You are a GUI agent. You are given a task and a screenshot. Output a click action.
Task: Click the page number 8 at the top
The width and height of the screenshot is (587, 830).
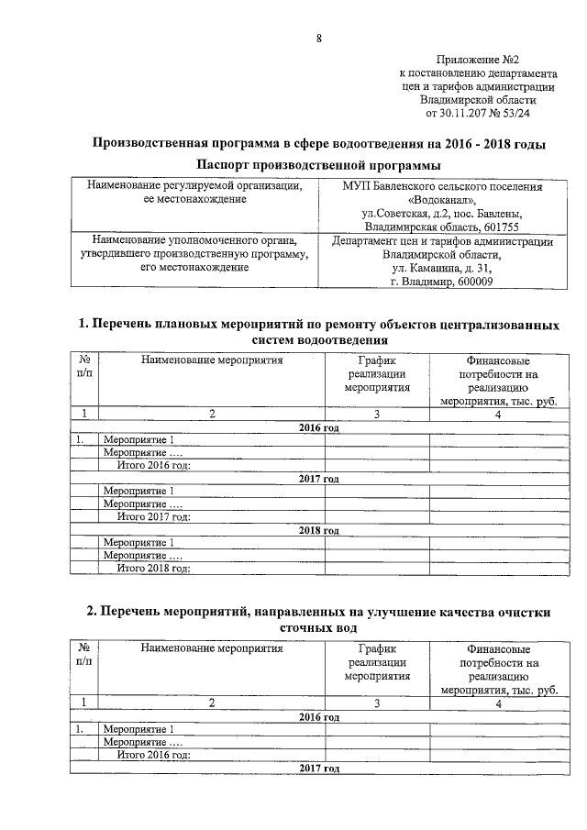[x=318, y=38]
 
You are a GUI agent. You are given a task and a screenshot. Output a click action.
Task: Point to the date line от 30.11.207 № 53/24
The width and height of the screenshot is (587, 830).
[x=478, y=114]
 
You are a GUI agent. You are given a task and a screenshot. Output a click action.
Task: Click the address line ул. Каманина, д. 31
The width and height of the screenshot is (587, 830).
[x=442, y=269]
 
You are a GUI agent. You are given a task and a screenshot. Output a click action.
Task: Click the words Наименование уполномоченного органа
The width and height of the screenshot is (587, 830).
[x=194, y=241]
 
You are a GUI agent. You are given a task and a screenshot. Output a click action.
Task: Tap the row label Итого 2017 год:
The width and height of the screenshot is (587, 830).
[x=153, y=517]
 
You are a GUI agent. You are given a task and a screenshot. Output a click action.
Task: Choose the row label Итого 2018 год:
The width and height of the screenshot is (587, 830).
[x=153, y=569]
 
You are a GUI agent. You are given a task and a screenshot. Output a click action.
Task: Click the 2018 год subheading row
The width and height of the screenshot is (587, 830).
[x=318, y=530]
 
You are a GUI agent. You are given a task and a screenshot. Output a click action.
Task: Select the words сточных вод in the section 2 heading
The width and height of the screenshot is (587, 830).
[x=318, y=630]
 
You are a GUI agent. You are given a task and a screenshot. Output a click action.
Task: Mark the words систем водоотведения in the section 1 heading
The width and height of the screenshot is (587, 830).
[x=318, y=340]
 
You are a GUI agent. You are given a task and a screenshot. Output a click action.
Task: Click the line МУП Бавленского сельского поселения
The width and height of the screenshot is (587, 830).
[x=442, y=185]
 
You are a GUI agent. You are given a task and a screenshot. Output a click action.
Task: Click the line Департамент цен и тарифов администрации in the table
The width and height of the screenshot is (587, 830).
[x=442, y=242]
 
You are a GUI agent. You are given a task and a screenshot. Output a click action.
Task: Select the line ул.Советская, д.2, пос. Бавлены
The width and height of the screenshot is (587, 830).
[x=442, y=212]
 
